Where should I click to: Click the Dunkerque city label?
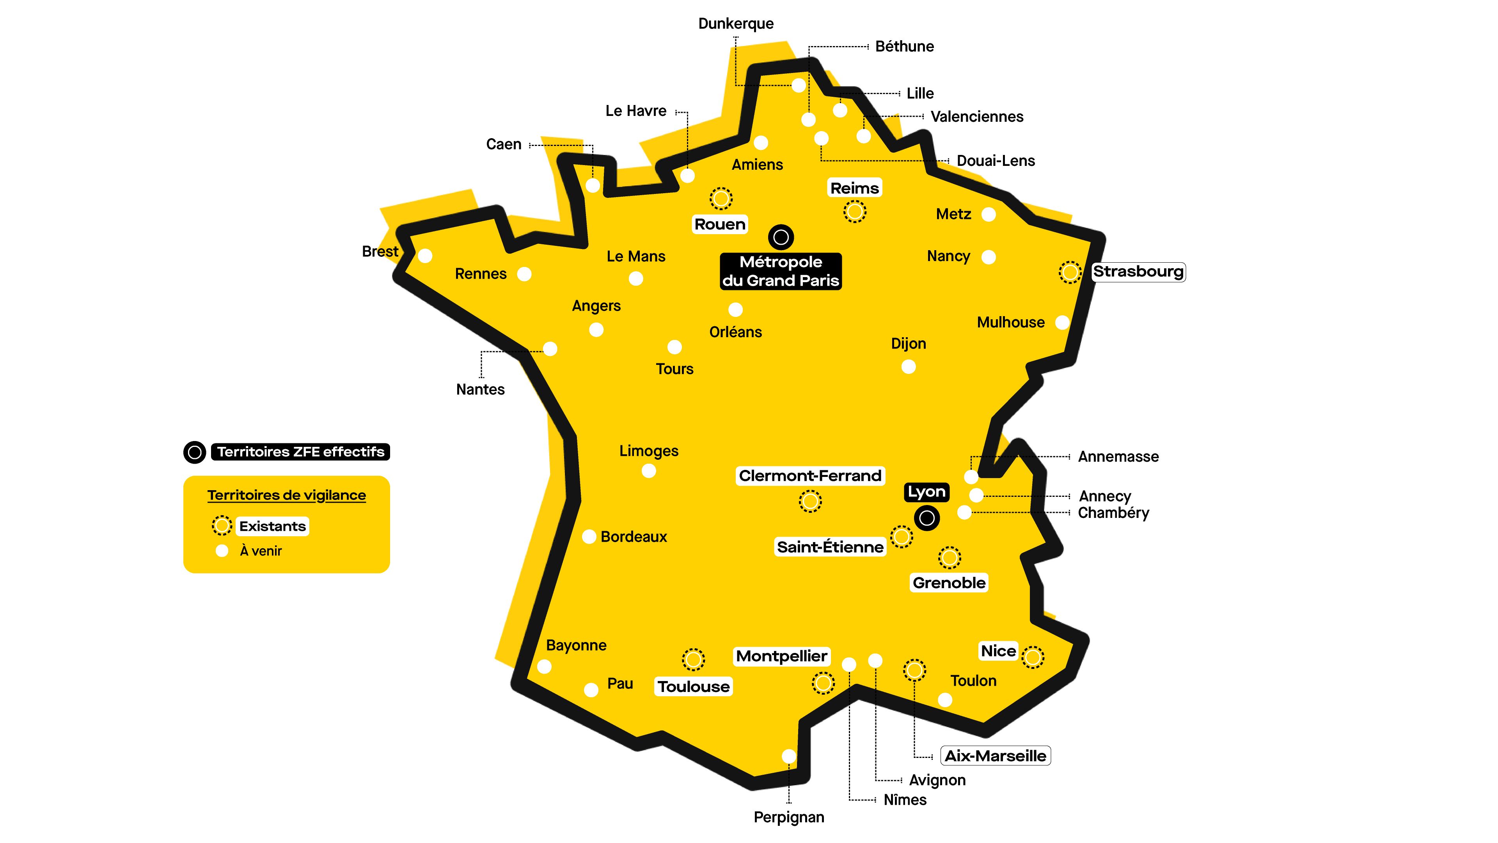point(736,24)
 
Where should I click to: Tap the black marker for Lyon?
point(927,518)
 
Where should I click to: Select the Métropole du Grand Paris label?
point(780,271)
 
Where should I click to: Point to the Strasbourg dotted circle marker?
point(1069,272)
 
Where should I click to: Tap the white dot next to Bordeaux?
point(589,536)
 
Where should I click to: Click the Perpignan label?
point(788,817)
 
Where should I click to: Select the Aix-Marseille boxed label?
point(995,756)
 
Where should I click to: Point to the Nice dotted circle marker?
point(1033,657)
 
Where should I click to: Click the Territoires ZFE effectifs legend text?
point(301,452)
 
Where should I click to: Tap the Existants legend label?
point(272,526)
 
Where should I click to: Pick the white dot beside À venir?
point(222,551)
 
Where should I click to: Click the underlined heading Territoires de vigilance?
point(287,495)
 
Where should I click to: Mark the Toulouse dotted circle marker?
point(693,660)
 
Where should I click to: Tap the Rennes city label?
point(480,274)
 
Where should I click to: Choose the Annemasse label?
point(1118,457)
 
